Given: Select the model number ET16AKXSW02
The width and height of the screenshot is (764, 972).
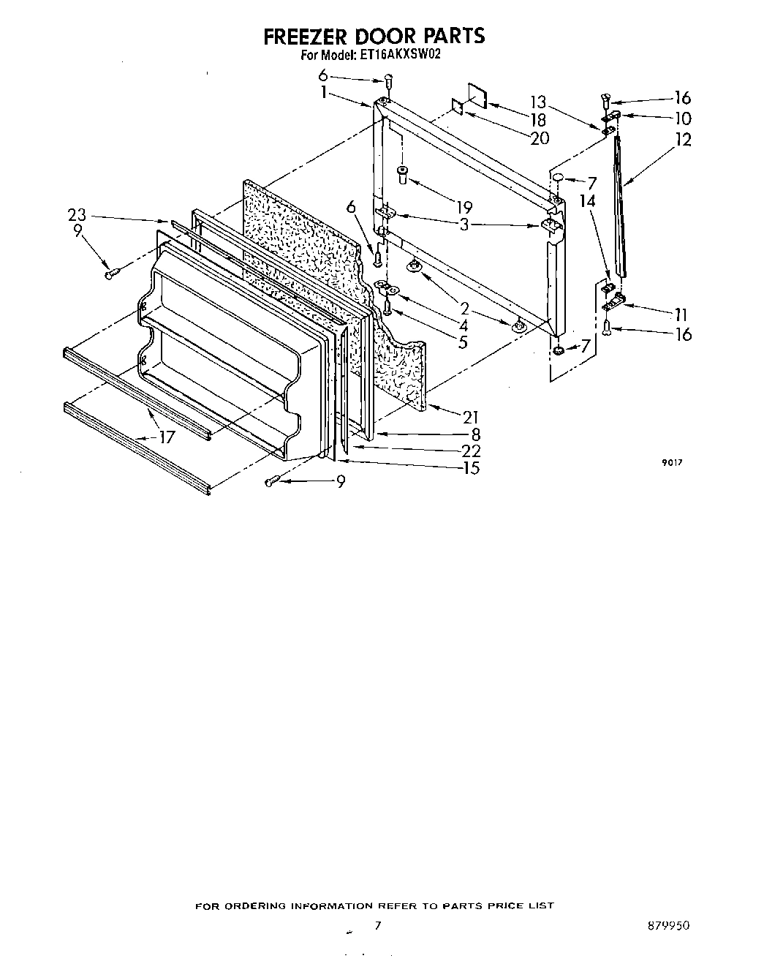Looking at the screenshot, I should [x=400, y=53].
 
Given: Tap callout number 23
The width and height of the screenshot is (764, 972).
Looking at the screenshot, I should [x=77, y=216].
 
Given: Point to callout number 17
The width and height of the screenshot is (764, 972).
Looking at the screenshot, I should [x=167, y=438].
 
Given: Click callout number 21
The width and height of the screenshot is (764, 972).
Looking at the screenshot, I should [x=470, y=417].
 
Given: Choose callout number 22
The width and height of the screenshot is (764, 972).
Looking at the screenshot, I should [x=470, y=451].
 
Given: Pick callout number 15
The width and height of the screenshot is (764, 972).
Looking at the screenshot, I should [x=470, y=468].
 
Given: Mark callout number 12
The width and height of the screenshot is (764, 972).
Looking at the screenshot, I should [x=683, y=139].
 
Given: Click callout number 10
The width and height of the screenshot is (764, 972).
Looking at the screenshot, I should [x=683, y=119].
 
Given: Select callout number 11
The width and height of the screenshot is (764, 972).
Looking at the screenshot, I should [x=681, y=314].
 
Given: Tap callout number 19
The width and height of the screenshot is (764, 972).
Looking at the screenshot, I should [x=464, y=207].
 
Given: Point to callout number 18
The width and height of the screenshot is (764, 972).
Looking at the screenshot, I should [x=538, y=119].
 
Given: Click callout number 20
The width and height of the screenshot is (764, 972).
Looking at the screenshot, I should [x=540, y=137].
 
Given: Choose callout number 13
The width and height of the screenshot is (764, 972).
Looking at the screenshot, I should [x=538, y=102].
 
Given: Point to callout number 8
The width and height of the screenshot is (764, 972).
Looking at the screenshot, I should [x=475, y=434].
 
